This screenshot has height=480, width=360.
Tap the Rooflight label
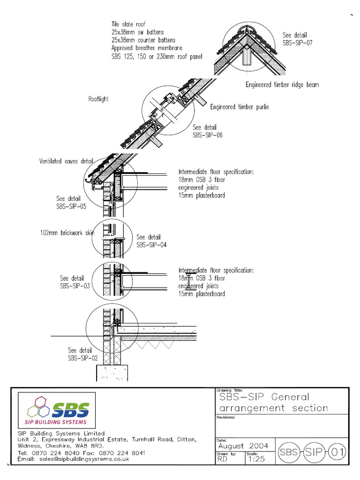coord(98,99)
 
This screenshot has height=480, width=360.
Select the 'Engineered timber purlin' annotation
coord(239,107)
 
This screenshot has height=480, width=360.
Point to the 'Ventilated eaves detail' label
coord(66,162)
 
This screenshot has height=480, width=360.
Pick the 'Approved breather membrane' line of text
coord(147,48)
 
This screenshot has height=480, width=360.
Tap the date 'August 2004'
coord(243,446)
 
